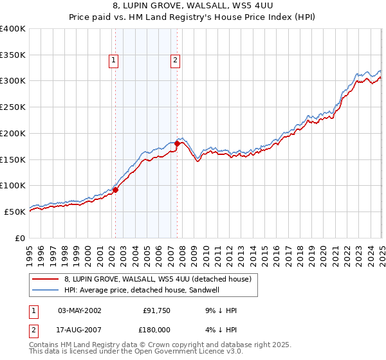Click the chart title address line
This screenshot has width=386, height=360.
[x=193, y=6]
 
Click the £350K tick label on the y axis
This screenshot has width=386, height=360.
[x=13, y=55]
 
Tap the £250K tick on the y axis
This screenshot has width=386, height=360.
[x=13, y=107]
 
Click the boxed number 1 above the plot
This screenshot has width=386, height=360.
[x=113, y=61]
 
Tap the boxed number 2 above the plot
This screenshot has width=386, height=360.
[x=175, y=61]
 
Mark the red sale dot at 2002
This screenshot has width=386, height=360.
[x=116, y=190]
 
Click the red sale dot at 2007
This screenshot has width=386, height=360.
[x=178, y=143]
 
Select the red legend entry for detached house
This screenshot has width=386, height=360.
[x=161, y=278]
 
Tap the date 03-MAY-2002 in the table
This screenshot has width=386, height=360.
[x=80, y=310]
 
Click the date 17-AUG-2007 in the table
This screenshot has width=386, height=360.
[x=80, y=331]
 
